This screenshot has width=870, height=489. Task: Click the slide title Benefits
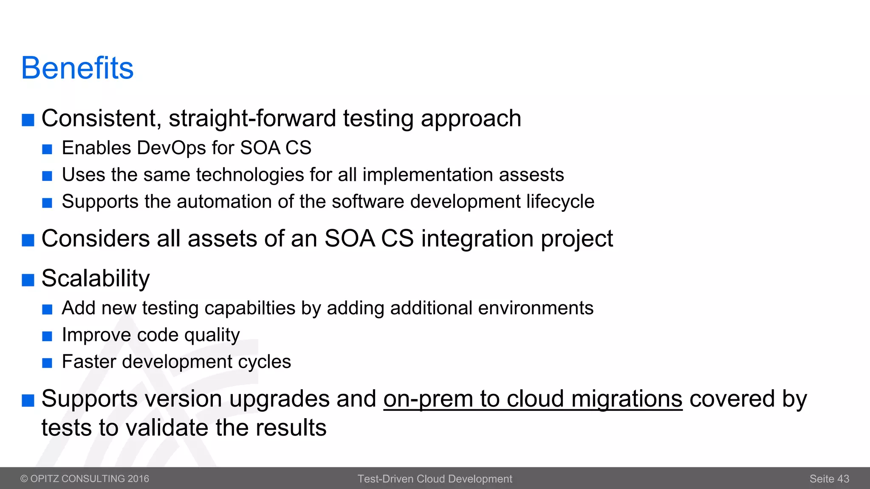coord(77,68)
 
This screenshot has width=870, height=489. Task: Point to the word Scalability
coord(96,279)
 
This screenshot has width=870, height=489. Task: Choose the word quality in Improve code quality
coord(212,335)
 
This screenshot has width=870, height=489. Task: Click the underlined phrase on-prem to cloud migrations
coord(533,399)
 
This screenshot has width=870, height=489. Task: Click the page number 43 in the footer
coord(843,479)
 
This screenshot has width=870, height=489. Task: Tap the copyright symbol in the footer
coord(24,479)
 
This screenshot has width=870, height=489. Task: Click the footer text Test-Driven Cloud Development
coord(435,479)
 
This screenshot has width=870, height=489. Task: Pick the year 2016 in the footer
coord(138,479)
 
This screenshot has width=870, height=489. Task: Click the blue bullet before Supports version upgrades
coord(28,400)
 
